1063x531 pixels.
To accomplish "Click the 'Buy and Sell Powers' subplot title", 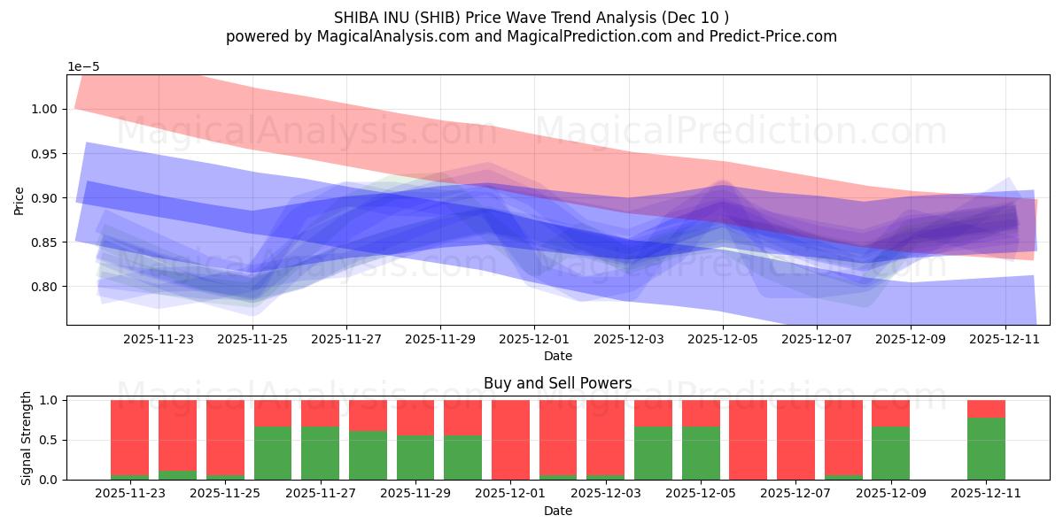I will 557,383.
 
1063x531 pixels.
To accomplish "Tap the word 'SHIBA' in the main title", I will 358,18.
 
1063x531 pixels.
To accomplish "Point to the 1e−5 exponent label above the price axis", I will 85,66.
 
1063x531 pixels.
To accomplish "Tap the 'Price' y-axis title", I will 19,200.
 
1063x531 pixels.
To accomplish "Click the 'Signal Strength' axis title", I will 27,439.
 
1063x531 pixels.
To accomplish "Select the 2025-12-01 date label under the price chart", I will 534,338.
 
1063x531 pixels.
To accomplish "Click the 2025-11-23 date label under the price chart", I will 158,338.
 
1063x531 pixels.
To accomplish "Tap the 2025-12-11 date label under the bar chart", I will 986,493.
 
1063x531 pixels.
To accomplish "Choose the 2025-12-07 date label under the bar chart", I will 795,493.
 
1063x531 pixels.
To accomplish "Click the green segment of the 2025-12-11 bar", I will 986,449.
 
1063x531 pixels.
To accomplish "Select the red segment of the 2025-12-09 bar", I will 890,413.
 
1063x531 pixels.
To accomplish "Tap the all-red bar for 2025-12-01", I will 510,440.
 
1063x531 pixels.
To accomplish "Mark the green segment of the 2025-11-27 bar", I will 320,453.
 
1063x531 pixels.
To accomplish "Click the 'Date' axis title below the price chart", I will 557,356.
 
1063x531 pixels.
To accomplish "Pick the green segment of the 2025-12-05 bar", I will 701,453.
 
